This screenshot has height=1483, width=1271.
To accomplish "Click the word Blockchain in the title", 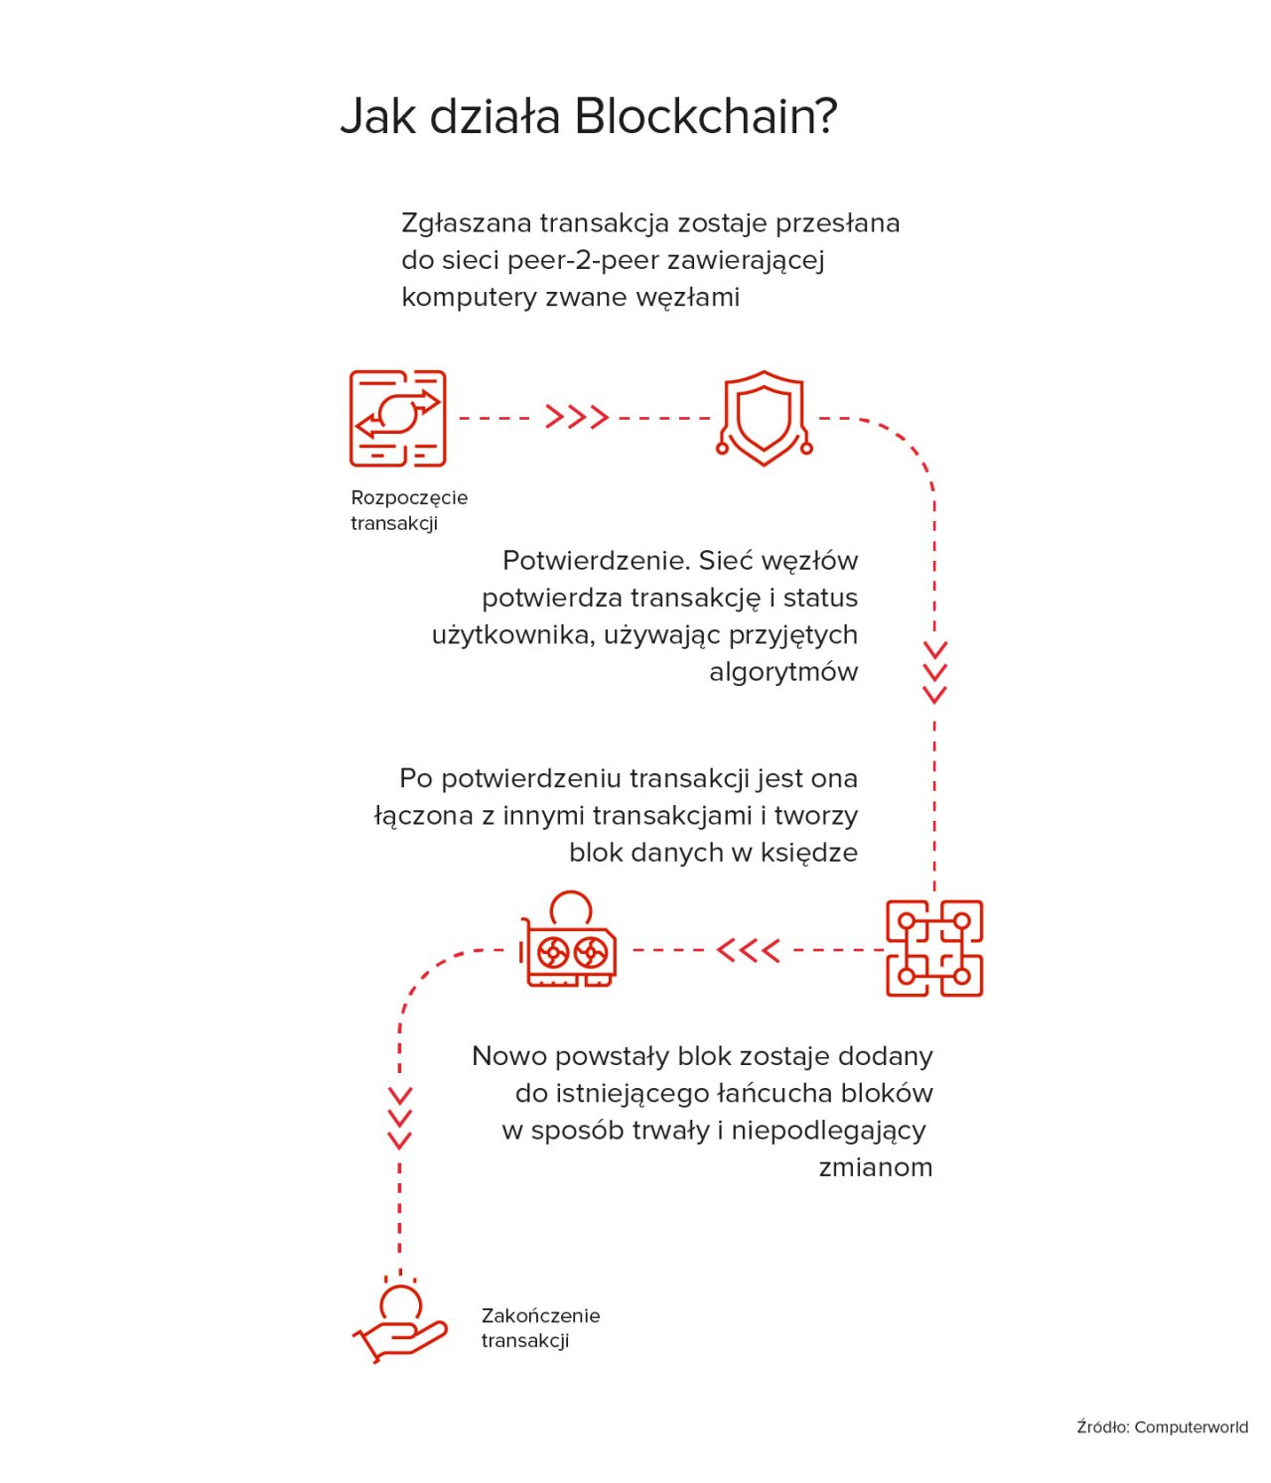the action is (x=705, y=116).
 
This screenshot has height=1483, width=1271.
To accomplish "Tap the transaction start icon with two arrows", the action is (x=397, y=418).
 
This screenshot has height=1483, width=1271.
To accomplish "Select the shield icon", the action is (x=764, y=418).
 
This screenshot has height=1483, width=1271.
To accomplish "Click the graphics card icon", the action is (x=569, y=939).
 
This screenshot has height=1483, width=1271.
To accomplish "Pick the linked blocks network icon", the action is (x=933, y=949).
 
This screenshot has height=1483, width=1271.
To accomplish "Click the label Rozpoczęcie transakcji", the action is (x=409, y=510).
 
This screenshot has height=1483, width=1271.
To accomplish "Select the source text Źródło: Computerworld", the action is (x=1162, y=1426).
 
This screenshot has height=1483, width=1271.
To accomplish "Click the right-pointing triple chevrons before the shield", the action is (x=577, y=417).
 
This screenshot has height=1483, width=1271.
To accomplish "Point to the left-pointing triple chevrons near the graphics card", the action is (x=748, y=951).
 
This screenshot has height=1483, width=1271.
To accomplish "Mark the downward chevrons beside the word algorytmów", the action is (x=934, y=672).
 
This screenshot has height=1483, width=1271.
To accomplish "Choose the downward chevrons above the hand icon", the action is (x=400, y=1118).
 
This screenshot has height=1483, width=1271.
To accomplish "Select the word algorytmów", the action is (x=783, y=672).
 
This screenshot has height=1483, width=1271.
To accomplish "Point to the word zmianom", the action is (x=875, y=1167).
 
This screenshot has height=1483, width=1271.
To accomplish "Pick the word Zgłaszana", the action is (x=467, y=224).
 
